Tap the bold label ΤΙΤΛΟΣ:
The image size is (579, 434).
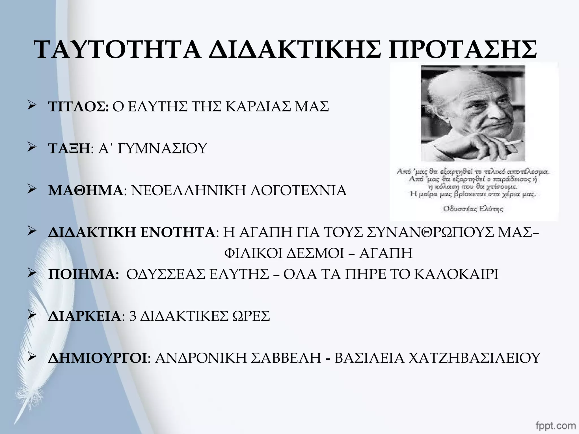(78, 107)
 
